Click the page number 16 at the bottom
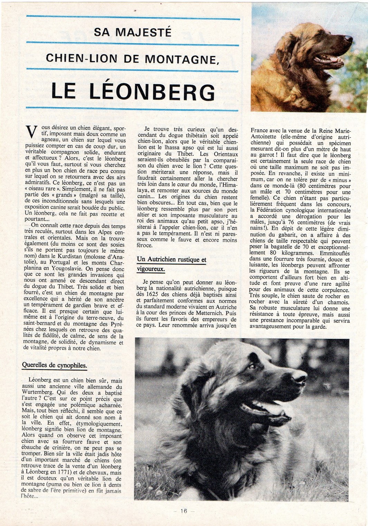click(x=183, y=511)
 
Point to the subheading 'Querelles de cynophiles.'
click(x=54, y=365)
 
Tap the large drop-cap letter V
click(x=31, y=133)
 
